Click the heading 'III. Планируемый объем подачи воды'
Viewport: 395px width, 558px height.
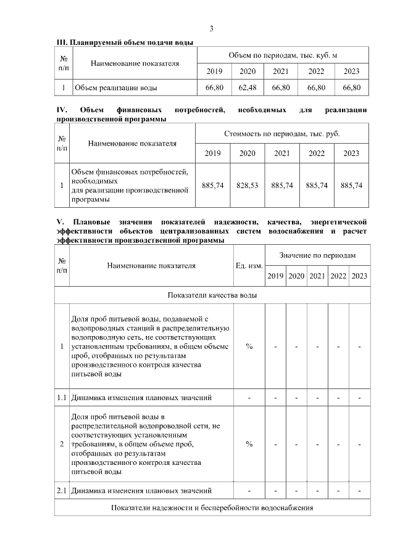click(125, 43)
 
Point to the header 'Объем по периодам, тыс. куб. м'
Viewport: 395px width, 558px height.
click(283, 55)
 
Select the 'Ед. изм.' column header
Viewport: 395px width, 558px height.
click(249, 266)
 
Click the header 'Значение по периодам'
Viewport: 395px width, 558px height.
click(317, 255)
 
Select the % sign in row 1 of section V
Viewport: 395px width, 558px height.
click(249, 347)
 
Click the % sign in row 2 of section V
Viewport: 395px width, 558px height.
click(249, 443)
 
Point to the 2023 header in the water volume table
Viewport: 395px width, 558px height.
click(351, 72)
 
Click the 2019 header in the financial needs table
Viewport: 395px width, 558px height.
click(212, 153)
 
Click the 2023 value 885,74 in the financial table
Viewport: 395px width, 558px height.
click(351, 185)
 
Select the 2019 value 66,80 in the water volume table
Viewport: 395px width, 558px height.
click(214, 88)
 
